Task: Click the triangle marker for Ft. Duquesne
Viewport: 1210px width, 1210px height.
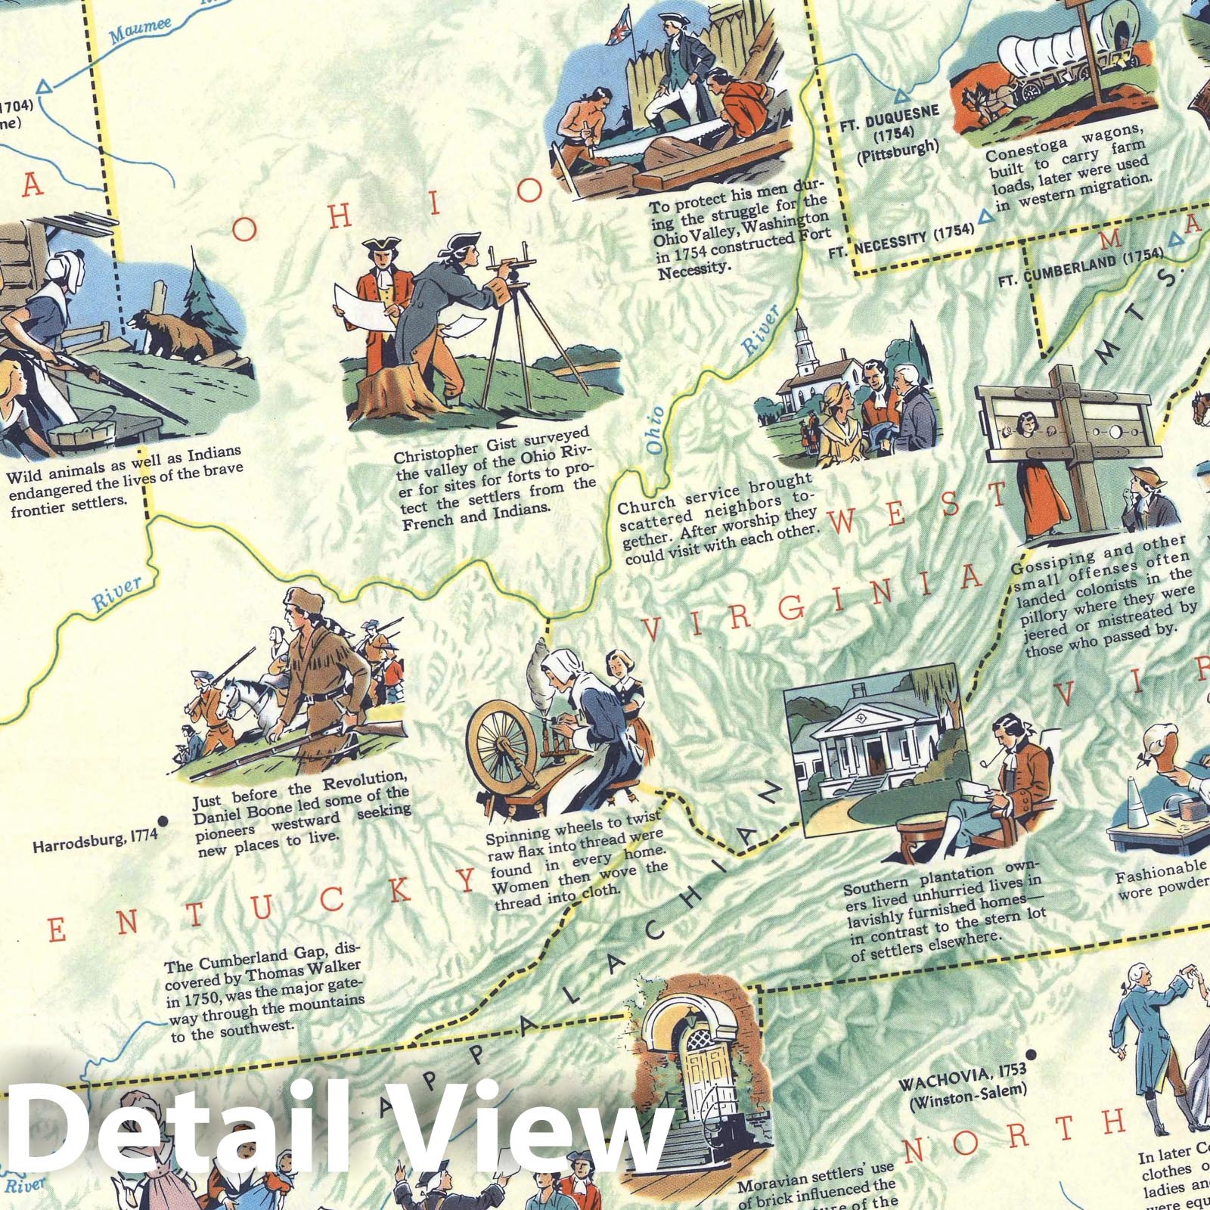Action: click(x=900, y=96)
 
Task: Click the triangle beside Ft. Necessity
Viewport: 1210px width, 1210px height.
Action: click(x=985, y=217)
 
